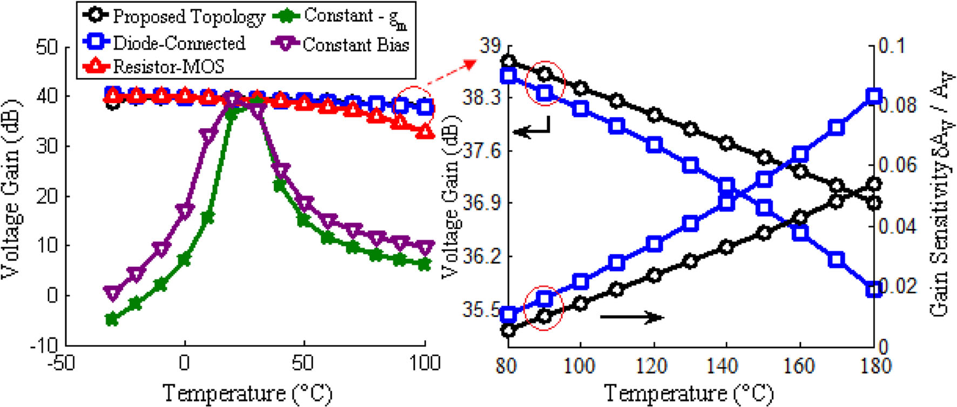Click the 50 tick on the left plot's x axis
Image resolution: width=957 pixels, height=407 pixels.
[x=303, y=363]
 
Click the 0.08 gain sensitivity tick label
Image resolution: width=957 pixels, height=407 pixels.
[x=897, y=105]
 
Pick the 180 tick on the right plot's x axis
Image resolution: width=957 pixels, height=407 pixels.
[x=873, y=366]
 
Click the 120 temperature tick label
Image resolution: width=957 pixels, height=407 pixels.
[x=653, y=366]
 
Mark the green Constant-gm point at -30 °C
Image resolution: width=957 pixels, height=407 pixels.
[x=112, y=319]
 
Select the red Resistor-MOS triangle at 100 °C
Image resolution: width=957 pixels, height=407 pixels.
[x=426, y=131]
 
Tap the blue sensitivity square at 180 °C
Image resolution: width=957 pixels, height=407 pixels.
[x=873, y=97]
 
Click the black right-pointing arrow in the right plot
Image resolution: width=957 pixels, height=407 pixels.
[x=632, y=317]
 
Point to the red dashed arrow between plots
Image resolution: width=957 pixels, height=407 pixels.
[x=451, y=73]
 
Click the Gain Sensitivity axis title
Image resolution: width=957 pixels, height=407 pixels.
[x=941, y=195]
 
